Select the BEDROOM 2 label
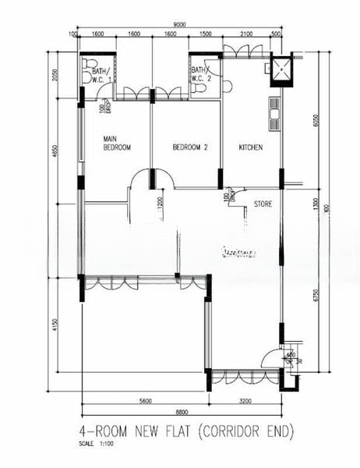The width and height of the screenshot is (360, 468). pos(191,147)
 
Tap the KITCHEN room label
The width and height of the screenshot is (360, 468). pos(250,147)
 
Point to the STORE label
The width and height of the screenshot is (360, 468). pos(263,204)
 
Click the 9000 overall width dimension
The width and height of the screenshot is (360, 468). pos(180,25)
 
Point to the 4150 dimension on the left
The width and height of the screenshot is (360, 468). pos(55,324)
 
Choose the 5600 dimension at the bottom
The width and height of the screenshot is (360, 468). pos(145,401)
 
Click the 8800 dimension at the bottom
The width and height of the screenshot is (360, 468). pos(181,412)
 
